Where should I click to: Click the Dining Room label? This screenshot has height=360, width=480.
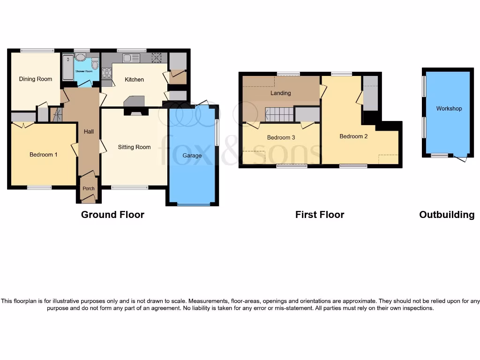36,79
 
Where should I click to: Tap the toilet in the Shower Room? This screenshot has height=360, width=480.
95,63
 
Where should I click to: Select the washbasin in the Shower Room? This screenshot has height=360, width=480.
81,58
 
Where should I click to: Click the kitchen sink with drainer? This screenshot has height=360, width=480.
131,58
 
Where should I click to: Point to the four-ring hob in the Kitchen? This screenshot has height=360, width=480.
107,73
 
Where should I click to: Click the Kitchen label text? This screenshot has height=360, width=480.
134,79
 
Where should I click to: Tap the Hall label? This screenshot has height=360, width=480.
89,132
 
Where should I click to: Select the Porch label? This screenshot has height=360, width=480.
89,188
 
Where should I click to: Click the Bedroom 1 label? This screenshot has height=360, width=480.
44,154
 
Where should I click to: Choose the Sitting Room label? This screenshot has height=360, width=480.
135,147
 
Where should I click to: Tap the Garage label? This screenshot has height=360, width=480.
192,156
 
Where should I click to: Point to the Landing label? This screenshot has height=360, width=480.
280,93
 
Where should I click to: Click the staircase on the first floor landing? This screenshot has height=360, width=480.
279,114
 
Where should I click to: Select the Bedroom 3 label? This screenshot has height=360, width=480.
281,137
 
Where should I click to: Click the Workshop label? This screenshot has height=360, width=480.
449,108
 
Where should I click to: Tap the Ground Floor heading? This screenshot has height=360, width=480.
112,215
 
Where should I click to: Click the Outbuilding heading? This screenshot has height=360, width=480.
447,215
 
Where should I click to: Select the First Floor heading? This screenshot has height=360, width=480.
320,215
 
